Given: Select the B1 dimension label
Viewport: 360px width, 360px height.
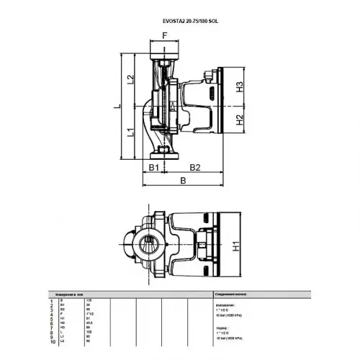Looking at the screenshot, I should (153, 168).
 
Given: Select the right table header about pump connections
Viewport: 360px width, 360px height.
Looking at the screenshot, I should (235, 294).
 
